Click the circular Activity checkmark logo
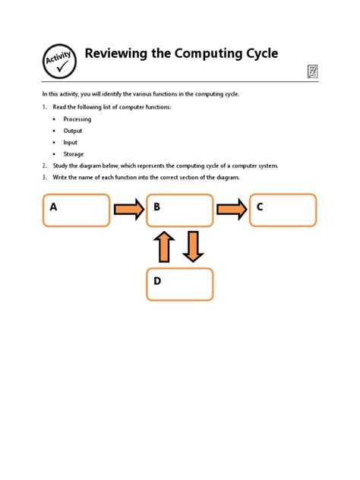[x=60, y=61]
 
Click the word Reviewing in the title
[x=118, y=54]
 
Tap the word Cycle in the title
[x=258, y=54]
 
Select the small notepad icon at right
[x=312, y=71]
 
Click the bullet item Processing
[x=77, y=119]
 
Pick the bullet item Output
[x=73, y=131]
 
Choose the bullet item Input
[x=71, y=142]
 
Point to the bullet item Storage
[x=74, y=154]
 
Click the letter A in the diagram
[x=54, y=207]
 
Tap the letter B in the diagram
[x=157, y=207]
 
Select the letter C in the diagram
[x=260, y=207]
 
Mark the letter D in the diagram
[x=157, y=281]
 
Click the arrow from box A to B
[x=128, y=210]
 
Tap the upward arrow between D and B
[x=165, y=247]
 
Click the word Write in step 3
[x=61, y=178]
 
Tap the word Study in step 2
[x=62, y=166]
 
